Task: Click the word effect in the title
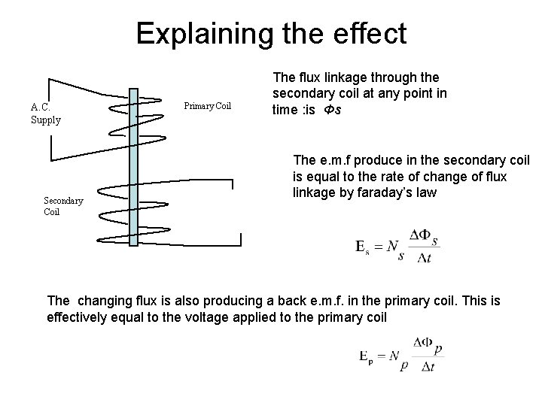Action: point(368,34)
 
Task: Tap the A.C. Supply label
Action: point(46,113)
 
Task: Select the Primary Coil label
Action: point(208,107)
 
